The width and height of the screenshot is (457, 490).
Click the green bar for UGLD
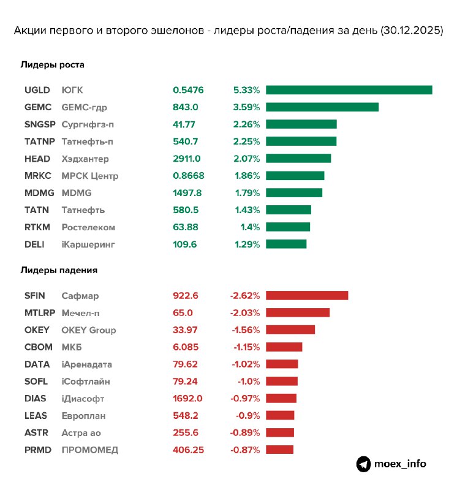click(x=349, y=90)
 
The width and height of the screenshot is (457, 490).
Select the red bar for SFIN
click(x=307, y=296)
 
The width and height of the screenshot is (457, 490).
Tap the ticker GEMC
click(x=37, y=107)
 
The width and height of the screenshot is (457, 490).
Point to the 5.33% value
click(x=247, y=90)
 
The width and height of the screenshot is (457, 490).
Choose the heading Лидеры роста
click(x=53, y=64)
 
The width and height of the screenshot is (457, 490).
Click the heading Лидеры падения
click(x=59, y=269)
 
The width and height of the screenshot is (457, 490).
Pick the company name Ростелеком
click(x=88, y=227)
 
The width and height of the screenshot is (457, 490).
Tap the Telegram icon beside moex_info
click(x=364, y=464)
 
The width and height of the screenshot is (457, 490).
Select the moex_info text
click(x=401, y=464)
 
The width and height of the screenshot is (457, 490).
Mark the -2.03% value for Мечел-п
click(x=245, y=313)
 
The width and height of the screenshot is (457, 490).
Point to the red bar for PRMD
click(x=280, y=450)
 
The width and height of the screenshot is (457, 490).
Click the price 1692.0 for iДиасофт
click(x=187, y=399)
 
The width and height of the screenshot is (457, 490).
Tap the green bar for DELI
click(x=286, y=244)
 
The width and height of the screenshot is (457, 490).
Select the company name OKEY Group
click(x=89, y=330)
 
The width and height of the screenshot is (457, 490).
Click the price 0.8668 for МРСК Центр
click(x=189, y=176)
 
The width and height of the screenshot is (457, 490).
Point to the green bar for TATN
click(x=289, y=210)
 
